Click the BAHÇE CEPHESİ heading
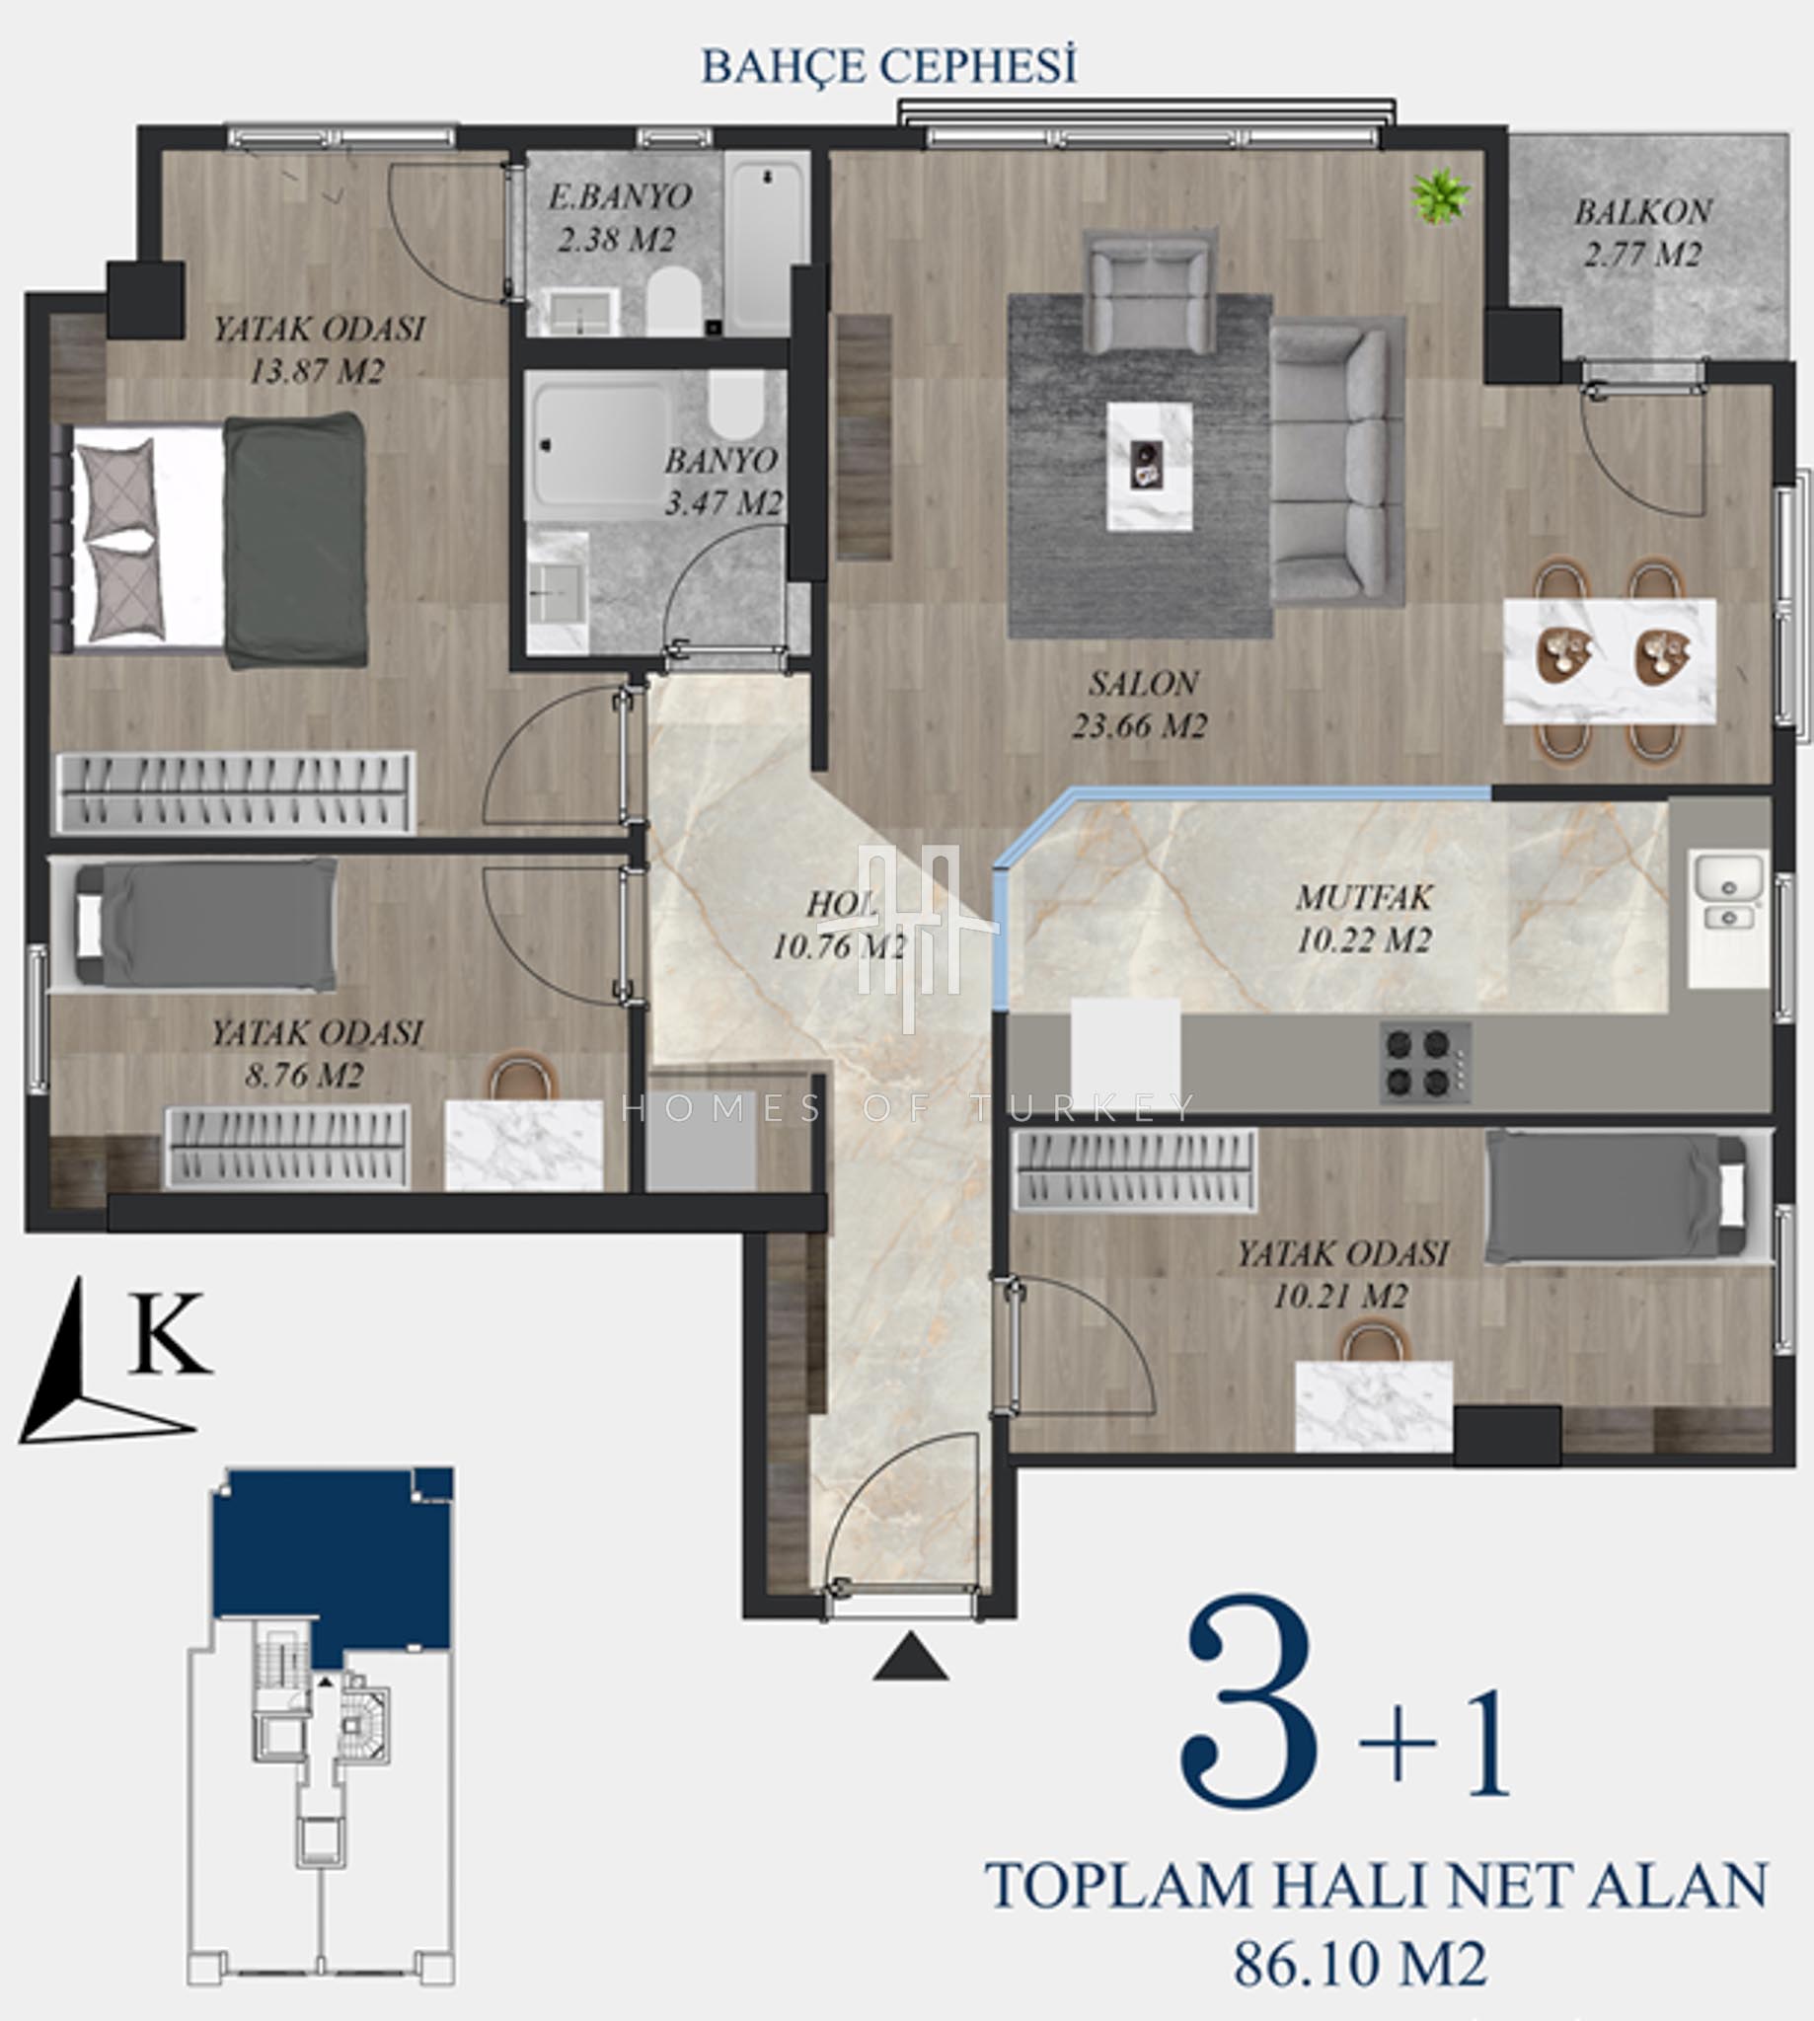click(x=889, y=68)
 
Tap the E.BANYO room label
click(x=619, y=196)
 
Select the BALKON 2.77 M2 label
click(x=1642, y=232)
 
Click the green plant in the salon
click(x=1440, y=195)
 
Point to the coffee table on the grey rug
click(x=1149, y=466)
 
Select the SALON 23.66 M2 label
click(x=1140, y=704)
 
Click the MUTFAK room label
click(x=1364, y=897)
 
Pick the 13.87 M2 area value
click(x=317, y=372)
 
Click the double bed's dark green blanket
click(x=295, y=540)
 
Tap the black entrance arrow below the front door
click(x=910, y=1656)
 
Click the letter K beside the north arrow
click(x=170, y=1333)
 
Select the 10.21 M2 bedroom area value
click(x=1340, y=1297)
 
